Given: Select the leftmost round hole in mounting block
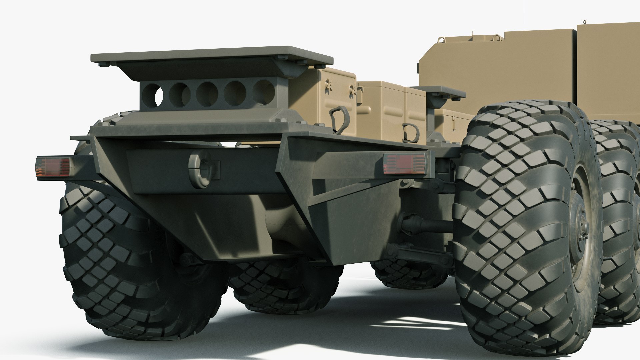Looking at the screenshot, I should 152,95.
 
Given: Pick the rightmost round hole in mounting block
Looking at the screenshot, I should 263,92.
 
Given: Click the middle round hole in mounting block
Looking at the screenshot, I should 207,94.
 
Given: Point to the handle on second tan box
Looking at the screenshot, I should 411,132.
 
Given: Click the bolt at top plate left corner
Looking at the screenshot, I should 102,64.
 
